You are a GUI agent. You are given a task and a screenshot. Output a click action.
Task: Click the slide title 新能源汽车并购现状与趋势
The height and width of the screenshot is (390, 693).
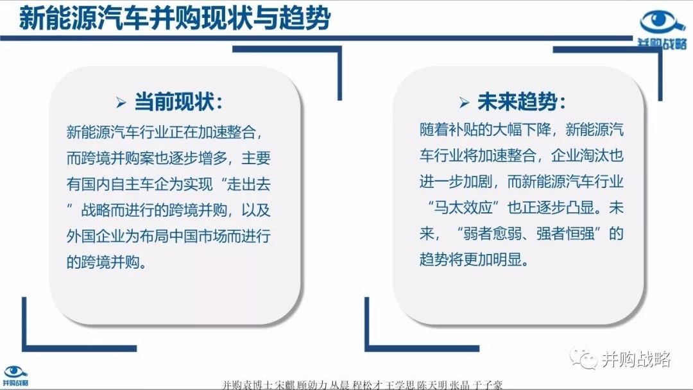(x=175, y=19)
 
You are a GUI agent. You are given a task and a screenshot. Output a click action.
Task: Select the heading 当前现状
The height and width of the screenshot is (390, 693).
(x=174, y=102)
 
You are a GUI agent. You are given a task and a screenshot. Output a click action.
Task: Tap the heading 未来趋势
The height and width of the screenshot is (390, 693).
(x=517, y=102)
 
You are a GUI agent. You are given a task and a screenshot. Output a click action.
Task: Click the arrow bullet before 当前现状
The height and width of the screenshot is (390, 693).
(x=121, y=103)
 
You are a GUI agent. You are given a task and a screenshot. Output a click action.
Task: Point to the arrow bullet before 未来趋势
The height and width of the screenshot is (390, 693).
(x=464, y=103)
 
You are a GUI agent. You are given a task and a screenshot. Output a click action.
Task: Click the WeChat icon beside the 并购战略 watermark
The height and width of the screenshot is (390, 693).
(x=583, y=358)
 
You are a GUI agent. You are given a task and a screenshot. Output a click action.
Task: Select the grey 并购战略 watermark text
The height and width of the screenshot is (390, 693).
(x=637, y=359)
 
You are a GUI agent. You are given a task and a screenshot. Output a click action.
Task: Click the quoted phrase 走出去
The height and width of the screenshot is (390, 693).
(x=249, y=183)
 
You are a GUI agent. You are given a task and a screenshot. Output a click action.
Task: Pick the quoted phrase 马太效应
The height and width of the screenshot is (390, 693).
(x=463, y=207)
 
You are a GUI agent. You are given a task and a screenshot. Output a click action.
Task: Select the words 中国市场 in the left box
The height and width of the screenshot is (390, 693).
(x=198, y=236)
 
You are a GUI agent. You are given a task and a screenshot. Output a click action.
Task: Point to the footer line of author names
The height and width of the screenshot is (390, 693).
(x=362, y=385)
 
